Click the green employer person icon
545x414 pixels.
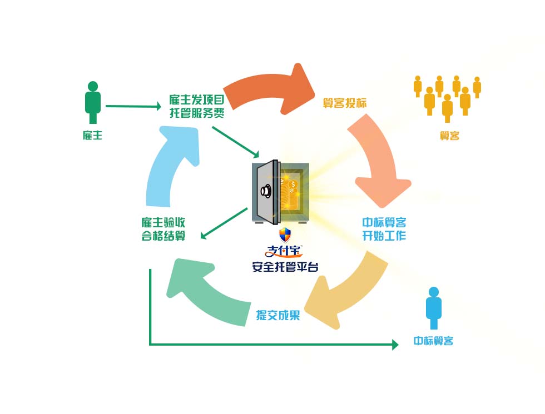click(93, 102)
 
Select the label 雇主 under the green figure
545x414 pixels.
click(92, 135)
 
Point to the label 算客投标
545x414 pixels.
click(345, 103)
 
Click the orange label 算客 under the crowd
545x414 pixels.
click(449, 136)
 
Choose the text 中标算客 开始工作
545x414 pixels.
click(384, 229)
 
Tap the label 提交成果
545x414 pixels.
click(278, 315)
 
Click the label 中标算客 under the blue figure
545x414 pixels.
click(433, 341)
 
